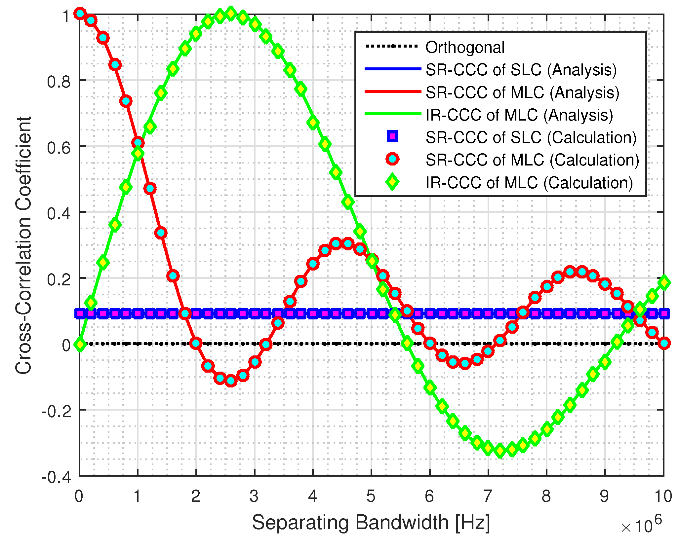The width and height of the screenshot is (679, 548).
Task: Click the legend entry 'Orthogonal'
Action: click(464, 48)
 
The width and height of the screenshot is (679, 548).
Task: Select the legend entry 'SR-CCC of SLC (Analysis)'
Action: click(521, 70)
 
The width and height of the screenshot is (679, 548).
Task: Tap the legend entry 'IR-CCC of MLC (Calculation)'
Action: click(529, 183)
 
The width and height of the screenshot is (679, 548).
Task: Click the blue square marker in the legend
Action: click(392, 136)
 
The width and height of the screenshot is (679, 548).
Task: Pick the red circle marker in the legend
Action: click(392, 159)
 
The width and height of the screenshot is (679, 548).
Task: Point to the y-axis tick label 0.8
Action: click(59, 81)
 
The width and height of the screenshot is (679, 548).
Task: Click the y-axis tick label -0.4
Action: click(56, 477)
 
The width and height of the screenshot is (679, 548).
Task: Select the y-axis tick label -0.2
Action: click(56, 411)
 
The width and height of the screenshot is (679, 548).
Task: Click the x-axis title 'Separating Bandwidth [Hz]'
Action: click(371, 523)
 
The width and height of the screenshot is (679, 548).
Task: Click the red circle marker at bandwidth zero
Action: click(80, 14)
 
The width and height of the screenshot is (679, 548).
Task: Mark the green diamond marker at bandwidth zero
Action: click(80, 344)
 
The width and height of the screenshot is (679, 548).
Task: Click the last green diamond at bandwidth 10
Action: click(664, 283)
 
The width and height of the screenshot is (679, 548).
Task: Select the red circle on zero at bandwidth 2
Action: click(196, 343)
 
